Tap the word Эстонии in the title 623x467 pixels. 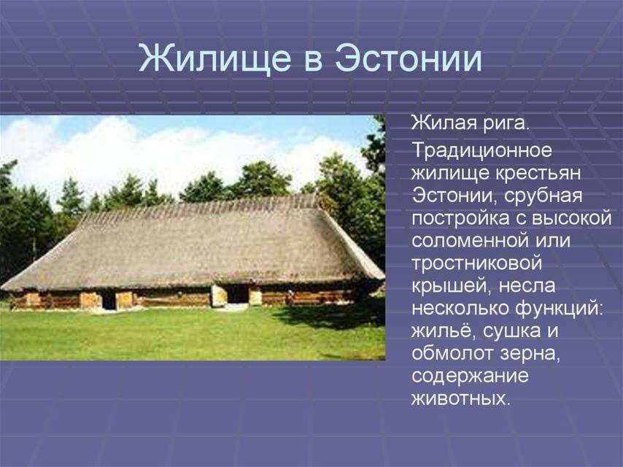pos(409,58)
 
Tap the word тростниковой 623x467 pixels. pos(478,263)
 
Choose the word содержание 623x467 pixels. pos(470,377)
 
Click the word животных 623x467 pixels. pos(460,399)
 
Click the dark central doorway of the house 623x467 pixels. pos(237,295)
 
